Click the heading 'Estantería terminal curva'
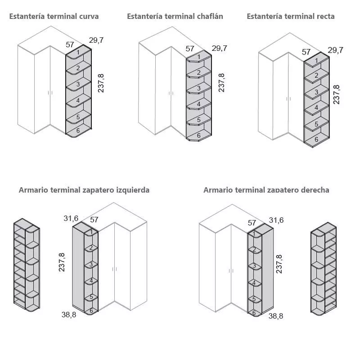54,17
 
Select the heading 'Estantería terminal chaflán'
175,17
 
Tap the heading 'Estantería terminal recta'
291,17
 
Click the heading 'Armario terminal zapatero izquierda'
84,190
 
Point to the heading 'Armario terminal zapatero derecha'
266,190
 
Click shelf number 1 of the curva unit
78,53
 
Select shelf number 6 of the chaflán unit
198,135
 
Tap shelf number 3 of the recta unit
316,92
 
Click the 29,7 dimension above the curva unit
96,40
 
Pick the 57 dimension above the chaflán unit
190,49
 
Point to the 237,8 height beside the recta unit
337,94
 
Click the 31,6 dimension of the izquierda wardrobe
71,219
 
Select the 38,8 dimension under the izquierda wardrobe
69,315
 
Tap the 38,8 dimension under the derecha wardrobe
276,316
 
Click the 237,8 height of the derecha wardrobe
279,264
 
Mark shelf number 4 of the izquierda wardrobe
91,280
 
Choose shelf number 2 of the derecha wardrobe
254,250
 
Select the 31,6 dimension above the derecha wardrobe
276,220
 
